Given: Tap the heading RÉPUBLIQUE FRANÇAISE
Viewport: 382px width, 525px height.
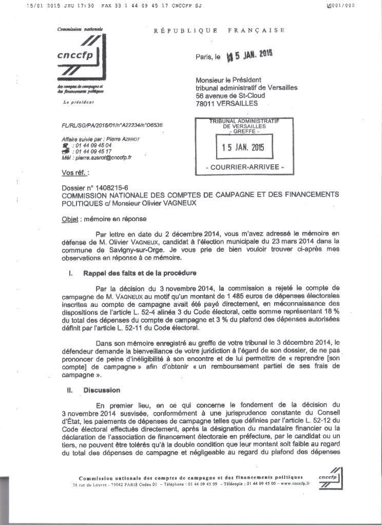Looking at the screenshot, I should (x=219, y=30).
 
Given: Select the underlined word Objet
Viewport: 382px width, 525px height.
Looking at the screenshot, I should (x=69, y=219).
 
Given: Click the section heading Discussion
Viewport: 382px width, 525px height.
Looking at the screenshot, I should (x=102, y=390).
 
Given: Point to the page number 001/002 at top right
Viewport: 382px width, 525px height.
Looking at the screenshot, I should (x=343, y=6).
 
